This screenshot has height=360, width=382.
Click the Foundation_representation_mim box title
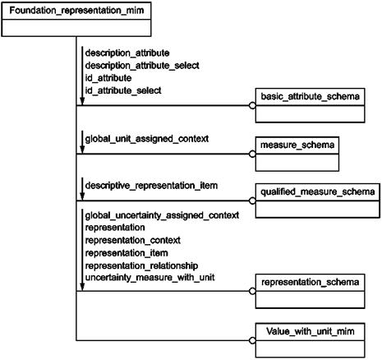coord(76,11)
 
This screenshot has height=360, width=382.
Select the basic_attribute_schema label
coord(310,97)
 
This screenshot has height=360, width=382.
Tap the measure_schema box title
coord(297,145)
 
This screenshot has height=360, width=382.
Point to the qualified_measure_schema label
coord(318,192)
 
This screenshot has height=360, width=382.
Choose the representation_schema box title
coord(310,282)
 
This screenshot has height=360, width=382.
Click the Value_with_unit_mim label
coord(311,331)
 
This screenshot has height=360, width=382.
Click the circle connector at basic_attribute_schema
coord(252,105)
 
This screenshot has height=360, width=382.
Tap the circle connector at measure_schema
coord(252,154)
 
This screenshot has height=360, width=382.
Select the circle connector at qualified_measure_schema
coord(252,201)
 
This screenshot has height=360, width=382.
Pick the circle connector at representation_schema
coord(252,291)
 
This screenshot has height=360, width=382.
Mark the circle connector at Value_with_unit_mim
coord(252,340)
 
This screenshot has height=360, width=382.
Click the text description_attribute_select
coord(142,66)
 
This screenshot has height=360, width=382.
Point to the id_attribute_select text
coord(123,90)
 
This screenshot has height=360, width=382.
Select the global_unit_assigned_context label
coord(147,139)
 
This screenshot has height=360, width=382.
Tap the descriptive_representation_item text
coord(151,186)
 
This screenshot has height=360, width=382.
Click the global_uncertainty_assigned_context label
coord(162,215)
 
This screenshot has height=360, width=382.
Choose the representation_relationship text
coord(141,265)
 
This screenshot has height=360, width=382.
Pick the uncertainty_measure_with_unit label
coord(150,278)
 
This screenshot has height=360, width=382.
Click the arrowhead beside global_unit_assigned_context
coord(82,149)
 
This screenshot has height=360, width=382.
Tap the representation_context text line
coord(133,240)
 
